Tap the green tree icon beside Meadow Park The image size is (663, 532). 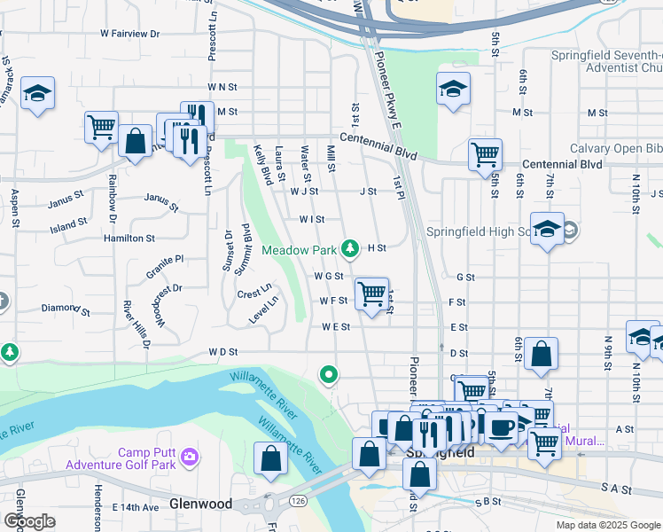tap(352, 248)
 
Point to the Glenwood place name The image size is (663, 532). tap(203, 504)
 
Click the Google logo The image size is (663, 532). tap(30, 521)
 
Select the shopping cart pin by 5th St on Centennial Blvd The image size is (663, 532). tap(485, 153)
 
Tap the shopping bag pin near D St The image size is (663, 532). tap(541, 353)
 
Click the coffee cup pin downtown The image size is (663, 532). tap(502, 426)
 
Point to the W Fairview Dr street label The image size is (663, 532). tap(129, 34)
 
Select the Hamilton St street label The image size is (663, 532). tap(129, 239)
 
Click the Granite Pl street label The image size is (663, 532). tap(166, 260)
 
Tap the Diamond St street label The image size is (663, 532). tap(66, 309)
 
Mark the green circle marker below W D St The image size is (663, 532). tap(329, 375)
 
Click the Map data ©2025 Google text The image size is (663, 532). tap(607, 525)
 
